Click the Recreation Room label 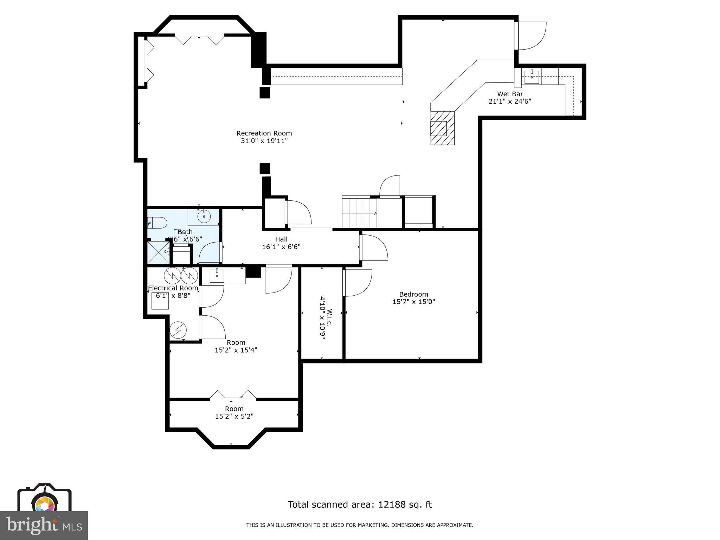point(264,133)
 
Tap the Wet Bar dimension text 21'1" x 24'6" point(510,102)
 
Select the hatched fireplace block point(443,128)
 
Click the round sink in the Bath point(204,217)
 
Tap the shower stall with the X point(158,252)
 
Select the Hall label point(281,239)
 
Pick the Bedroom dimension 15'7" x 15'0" point(413,302)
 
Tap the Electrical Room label point(173,288)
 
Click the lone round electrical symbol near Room point(178,330)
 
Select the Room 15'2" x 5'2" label point(234,412)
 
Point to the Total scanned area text point(360,504)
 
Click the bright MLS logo point(44,526)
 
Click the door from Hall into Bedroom point(374,247)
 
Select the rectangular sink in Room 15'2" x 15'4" point(217,276)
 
